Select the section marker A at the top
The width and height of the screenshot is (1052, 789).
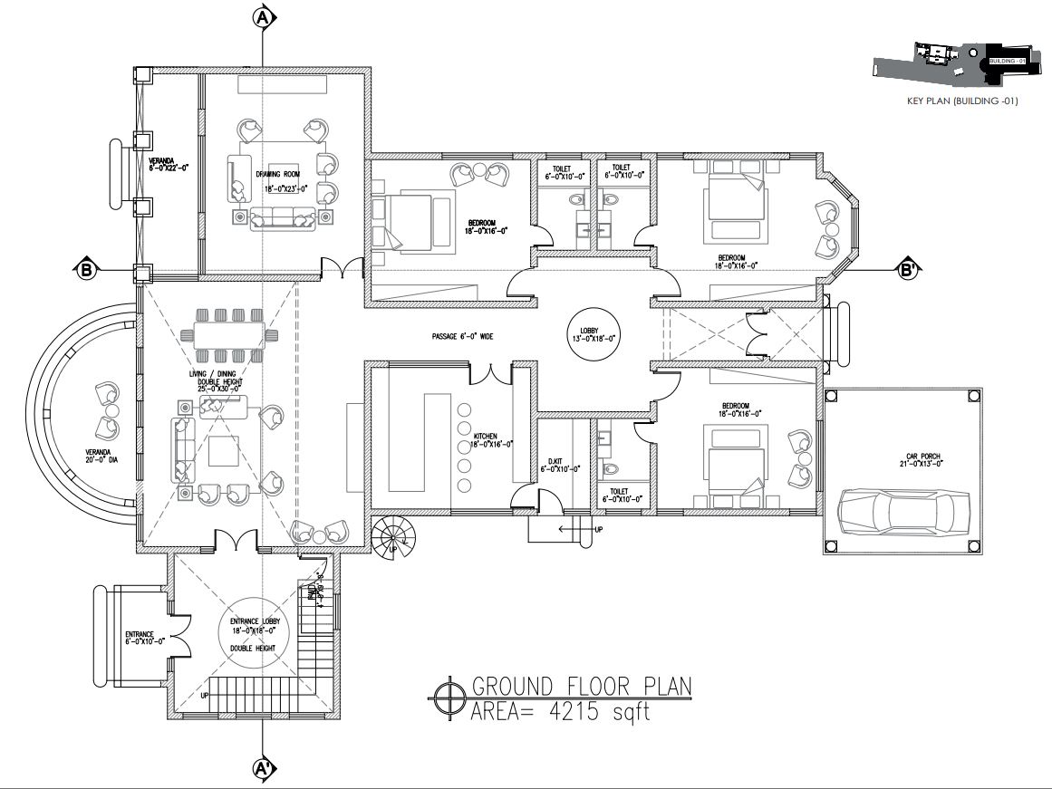click(x=263, y=17)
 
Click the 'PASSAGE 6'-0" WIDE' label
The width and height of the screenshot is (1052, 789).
click(x=462, y=336)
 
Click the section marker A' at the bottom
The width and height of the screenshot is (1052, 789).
click(x=263, y=769)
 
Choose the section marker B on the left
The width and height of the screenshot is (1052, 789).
click(x=85, y=270)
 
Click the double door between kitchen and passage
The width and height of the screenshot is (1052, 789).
click(x=489, y=371)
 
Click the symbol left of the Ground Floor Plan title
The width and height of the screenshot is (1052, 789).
click(x=446, y=698)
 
